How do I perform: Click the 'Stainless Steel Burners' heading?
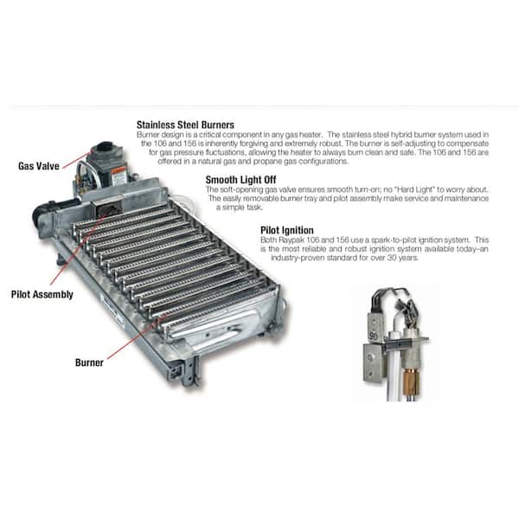tap(185, 125)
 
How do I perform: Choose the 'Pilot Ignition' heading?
tap(288, 230)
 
